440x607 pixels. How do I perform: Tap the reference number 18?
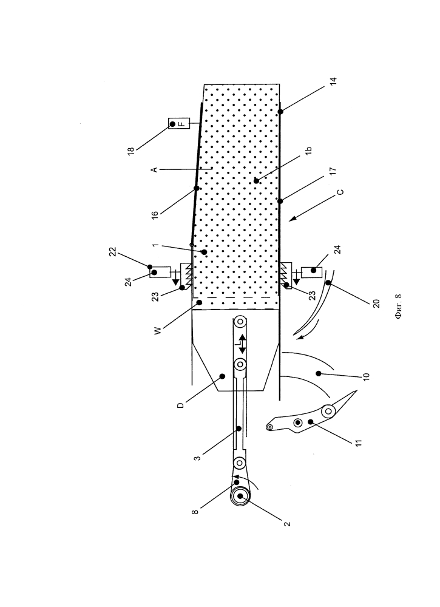[x=131, y=150]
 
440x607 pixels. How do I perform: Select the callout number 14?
[x=334, y=81]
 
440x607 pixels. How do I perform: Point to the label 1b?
[x=308, y=151]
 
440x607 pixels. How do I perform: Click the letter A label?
[x=154, y=169]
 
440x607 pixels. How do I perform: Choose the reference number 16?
[x=155, y=215]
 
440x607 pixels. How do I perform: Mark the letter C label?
[x=340, y=192]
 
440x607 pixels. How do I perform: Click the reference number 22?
[x=113, y=252]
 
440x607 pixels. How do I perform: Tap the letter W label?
[x=158, y=331]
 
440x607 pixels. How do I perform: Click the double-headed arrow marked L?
[x=242, y=344]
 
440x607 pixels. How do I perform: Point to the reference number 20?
[x=376, y=303]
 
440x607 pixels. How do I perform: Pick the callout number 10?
[x=367, y=376]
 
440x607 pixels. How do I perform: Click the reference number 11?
[x=358, y=443]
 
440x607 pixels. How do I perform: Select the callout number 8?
[x=195, y=512]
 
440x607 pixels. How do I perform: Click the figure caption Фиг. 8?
[x=399, y=307]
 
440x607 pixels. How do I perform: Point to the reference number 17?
[x=334, y=171]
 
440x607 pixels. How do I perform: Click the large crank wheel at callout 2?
[x=240, y=495]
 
